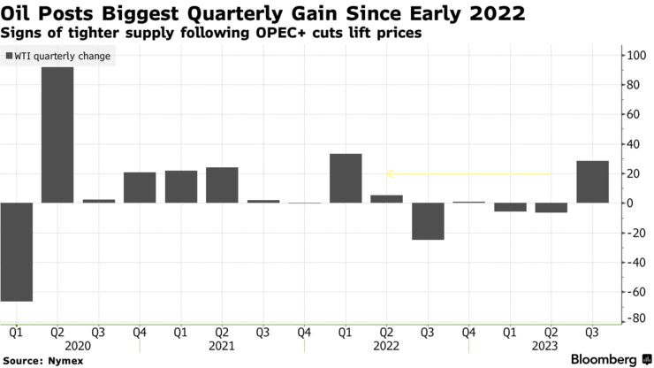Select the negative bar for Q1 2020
[x=16, y=251]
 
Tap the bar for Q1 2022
[x=346, y=178]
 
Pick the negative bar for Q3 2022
[x=428, y=221]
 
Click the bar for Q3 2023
[x=592, y=181]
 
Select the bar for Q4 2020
[x=139, y=187]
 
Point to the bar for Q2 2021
[x=222, y=185]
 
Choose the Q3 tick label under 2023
[x=592, y=333]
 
